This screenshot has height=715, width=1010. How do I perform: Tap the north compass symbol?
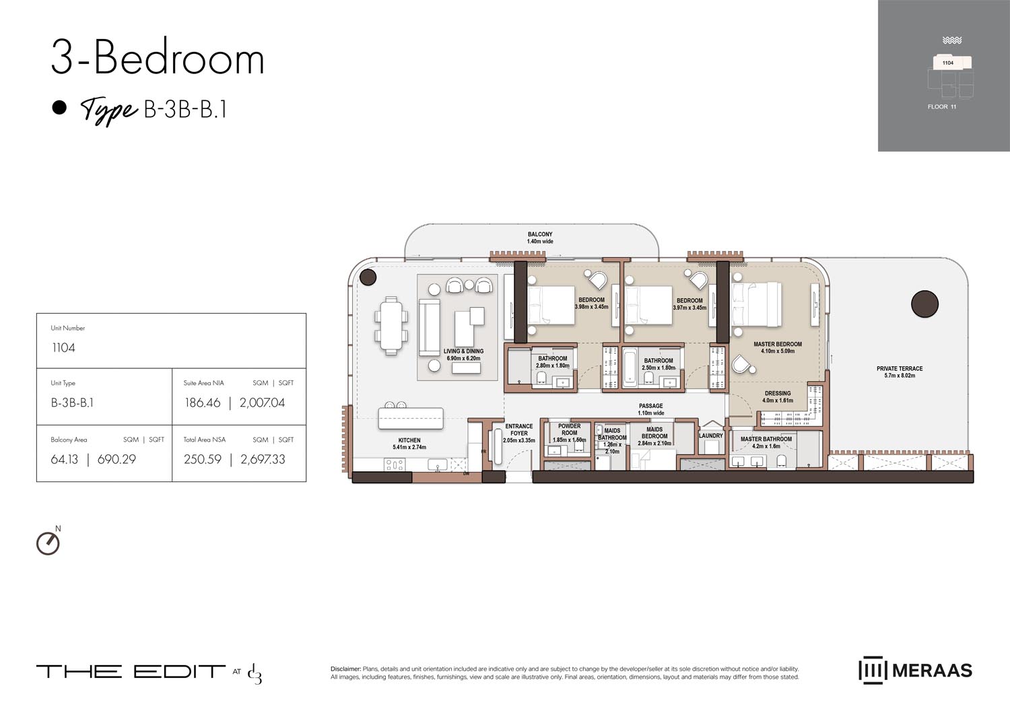(48, 543)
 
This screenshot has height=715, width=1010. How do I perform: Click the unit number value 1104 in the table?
(64, 348)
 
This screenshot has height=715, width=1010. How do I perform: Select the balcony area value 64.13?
(65, 459)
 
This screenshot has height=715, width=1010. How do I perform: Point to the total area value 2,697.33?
(263, 459)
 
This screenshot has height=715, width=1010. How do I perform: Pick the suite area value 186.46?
(203, 403)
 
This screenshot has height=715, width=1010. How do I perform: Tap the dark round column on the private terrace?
(924, 304)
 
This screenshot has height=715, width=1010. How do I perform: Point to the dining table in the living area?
(391, 325)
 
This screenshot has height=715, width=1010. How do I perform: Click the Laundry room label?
(710, 436)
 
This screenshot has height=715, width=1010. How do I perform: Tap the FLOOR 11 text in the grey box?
(942, 107)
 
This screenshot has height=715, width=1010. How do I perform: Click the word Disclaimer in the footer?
(345, 669)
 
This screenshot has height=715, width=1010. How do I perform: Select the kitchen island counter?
(411, 418)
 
